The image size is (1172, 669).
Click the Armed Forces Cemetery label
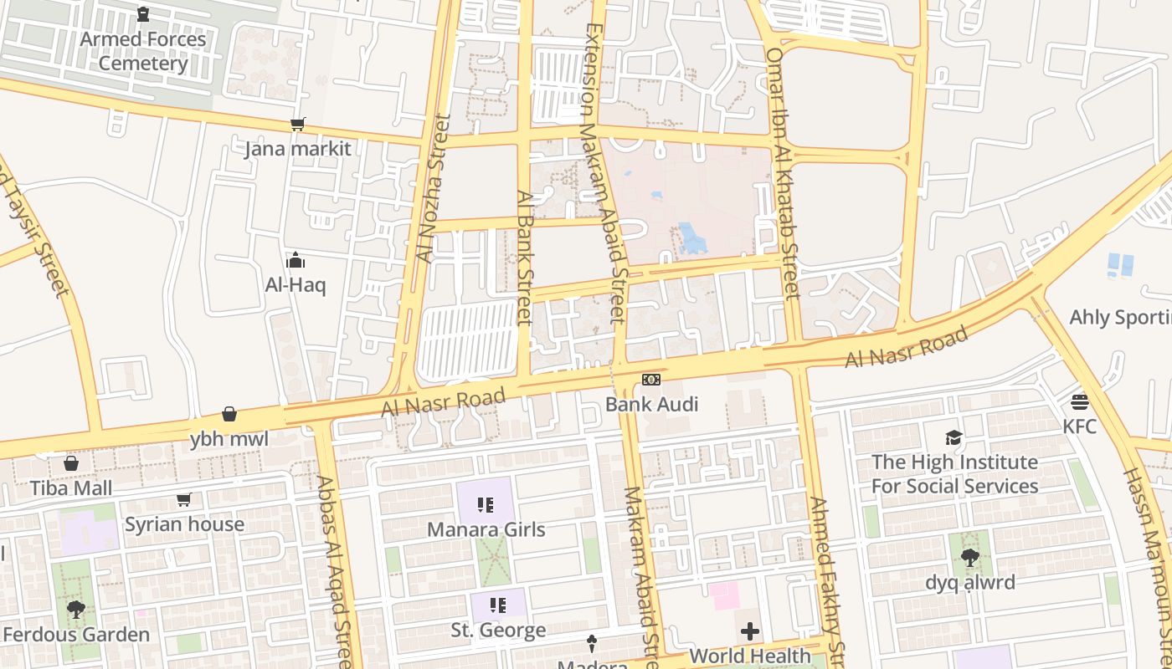[143, 51]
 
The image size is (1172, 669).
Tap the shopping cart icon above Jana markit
[297, 125]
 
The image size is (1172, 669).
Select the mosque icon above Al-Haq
[295, 260]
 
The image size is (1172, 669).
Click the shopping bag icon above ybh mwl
[229, 414]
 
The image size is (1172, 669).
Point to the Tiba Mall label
[71, 488]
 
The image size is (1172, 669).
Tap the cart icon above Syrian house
[183, 500]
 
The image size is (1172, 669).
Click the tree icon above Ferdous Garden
[76, 609]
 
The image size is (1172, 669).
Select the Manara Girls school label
[486, 529]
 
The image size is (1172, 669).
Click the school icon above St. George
[498, 605]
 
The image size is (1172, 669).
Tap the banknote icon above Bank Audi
[650, 380]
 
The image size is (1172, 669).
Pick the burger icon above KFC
[1079, 401]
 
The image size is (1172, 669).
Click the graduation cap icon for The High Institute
[954, 437]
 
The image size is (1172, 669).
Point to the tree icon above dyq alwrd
[970, 557]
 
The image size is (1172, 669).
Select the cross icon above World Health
[749, 631]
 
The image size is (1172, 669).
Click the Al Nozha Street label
[434, 188]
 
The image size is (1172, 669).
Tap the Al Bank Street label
[524, 258]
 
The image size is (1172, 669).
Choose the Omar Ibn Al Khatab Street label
[783, 172]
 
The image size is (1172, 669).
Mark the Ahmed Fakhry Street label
[824, 577]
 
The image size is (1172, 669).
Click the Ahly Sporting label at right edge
[1120, 318]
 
